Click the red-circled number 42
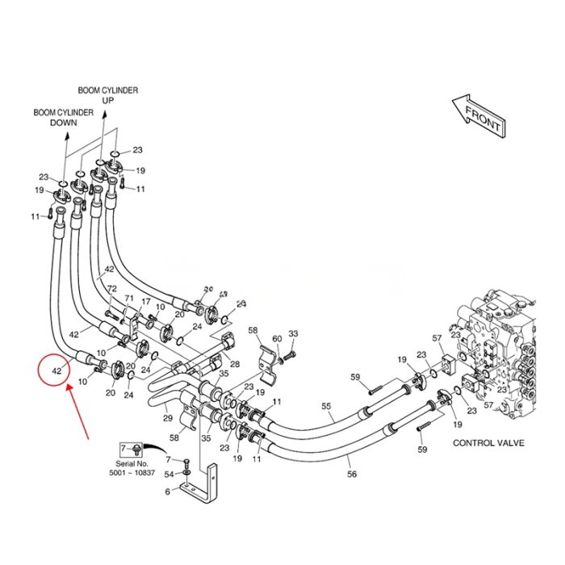pos(56,371)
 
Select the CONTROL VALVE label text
pos(488,443)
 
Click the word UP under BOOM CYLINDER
pos(107,100)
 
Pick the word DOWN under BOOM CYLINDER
pos(63,123)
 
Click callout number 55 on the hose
pos(327,406)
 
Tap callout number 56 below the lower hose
pos(351,475)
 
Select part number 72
pos(112,288)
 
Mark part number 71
pos(128,298)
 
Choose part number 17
pos(146,302)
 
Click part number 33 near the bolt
pos(293,333)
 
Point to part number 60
pos(276,338)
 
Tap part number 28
pos(235,365)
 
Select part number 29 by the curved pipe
pos(167,417)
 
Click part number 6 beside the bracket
pos(168,491)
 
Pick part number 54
pos(169,473)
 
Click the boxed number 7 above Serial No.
pos(123,446)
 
